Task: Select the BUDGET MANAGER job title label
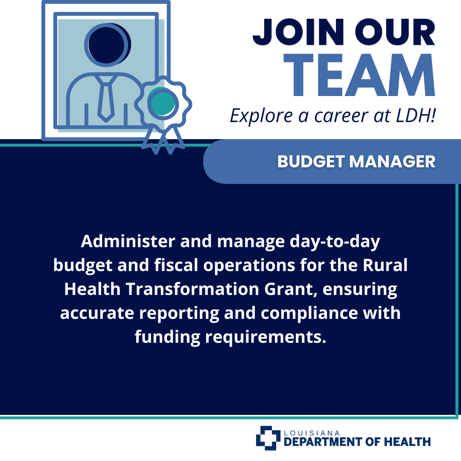pyautogui.click(x=356, y=161)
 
